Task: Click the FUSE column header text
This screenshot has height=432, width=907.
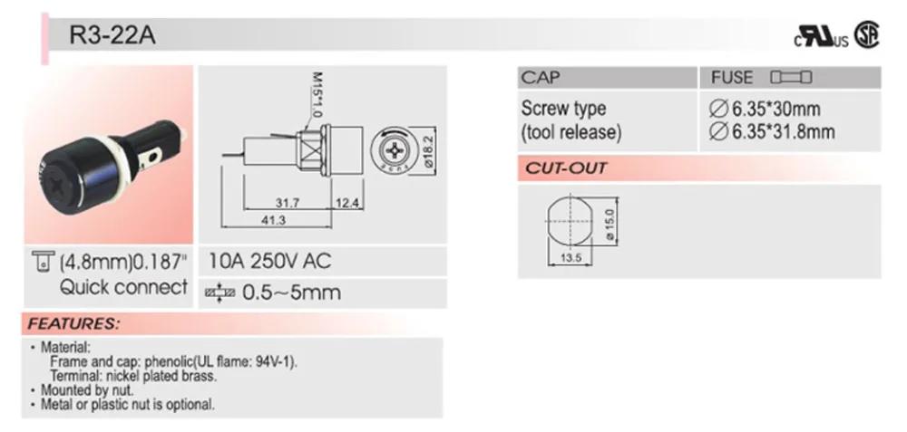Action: pos(731,78)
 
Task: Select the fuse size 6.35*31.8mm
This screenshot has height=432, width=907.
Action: pos(770,132)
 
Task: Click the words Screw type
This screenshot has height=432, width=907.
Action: pos(563,109)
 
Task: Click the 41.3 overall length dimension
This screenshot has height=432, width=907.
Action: pos(273,221)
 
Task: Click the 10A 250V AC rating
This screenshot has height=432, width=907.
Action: pos(270,262)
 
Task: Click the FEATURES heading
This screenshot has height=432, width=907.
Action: pos(73,323)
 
